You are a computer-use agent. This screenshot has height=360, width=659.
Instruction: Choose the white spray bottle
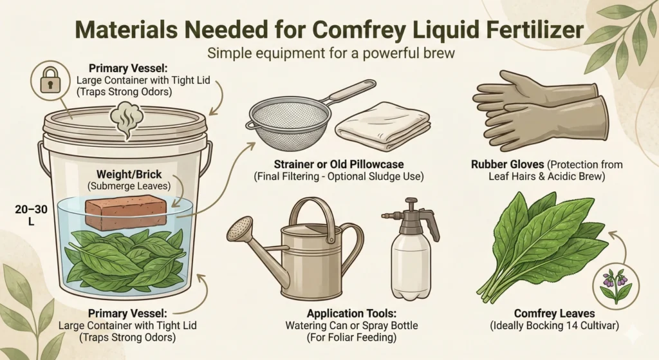(x=411, y=251)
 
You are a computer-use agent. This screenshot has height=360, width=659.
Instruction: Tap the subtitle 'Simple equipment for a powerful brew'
(x=329, y=53)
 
